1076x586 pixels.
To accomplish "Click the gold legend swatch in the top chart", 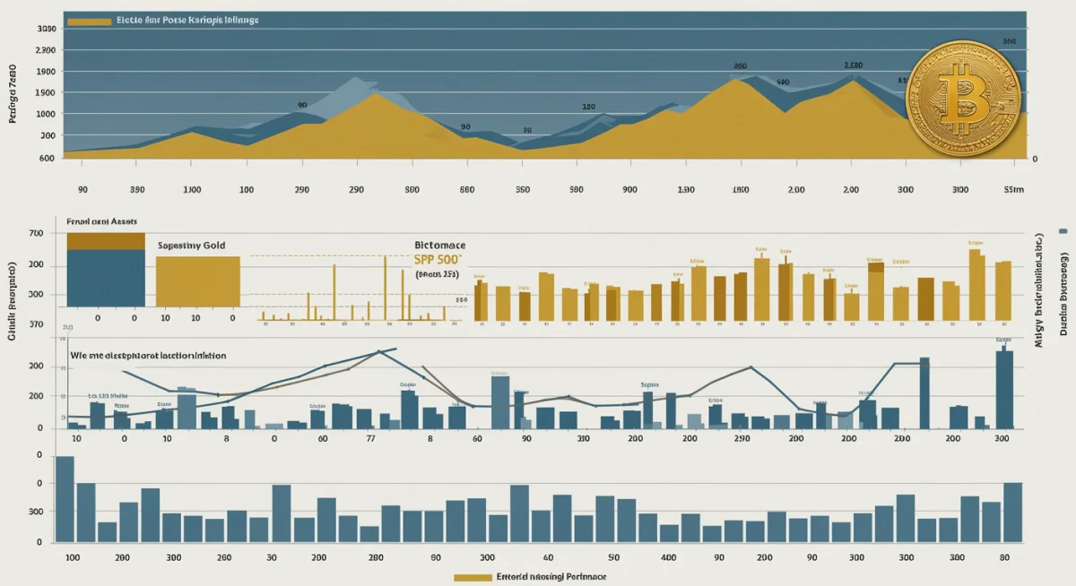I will (x=89, y=20).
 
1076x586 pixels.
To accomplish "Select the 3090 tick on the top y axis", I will (x=46, y=29).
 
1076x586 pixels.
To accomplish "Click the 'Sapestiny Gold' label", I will (x=192, y=245).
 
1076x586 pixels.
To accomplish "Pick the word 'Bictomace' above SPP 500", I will (x=440, y=244).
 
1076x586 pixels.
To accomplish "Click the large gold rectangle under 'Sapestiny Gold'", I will (x=198, y=281).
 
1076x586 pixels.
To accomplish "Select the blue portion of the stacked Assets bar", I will (x=106, y=278).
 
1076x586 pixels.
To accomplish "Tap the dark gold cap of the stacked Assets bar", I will (x=106, y=240).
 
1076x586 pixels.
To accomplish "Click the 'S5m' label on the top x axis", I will (x=1013, y=190).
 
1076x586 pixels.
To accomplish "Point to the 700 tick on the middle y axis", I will (x=36, y=233).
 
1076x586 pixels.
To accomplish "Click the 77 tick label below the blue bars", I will (x=370, y=439).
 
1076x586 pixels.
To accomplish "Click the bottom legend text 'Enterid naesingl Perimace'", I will (x=551, y=577).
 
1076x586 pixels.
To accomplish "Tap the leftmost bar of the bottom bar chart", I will (x=65, y=499).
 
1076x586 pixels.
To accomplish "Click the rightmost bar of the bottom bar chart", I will (x=1012, y=512).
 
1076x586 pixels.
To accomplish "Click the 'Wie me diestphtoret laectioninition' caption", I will (x=148, y=355).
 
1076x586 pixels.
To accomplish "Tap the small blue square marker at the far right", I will (x=1063, y=231).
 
